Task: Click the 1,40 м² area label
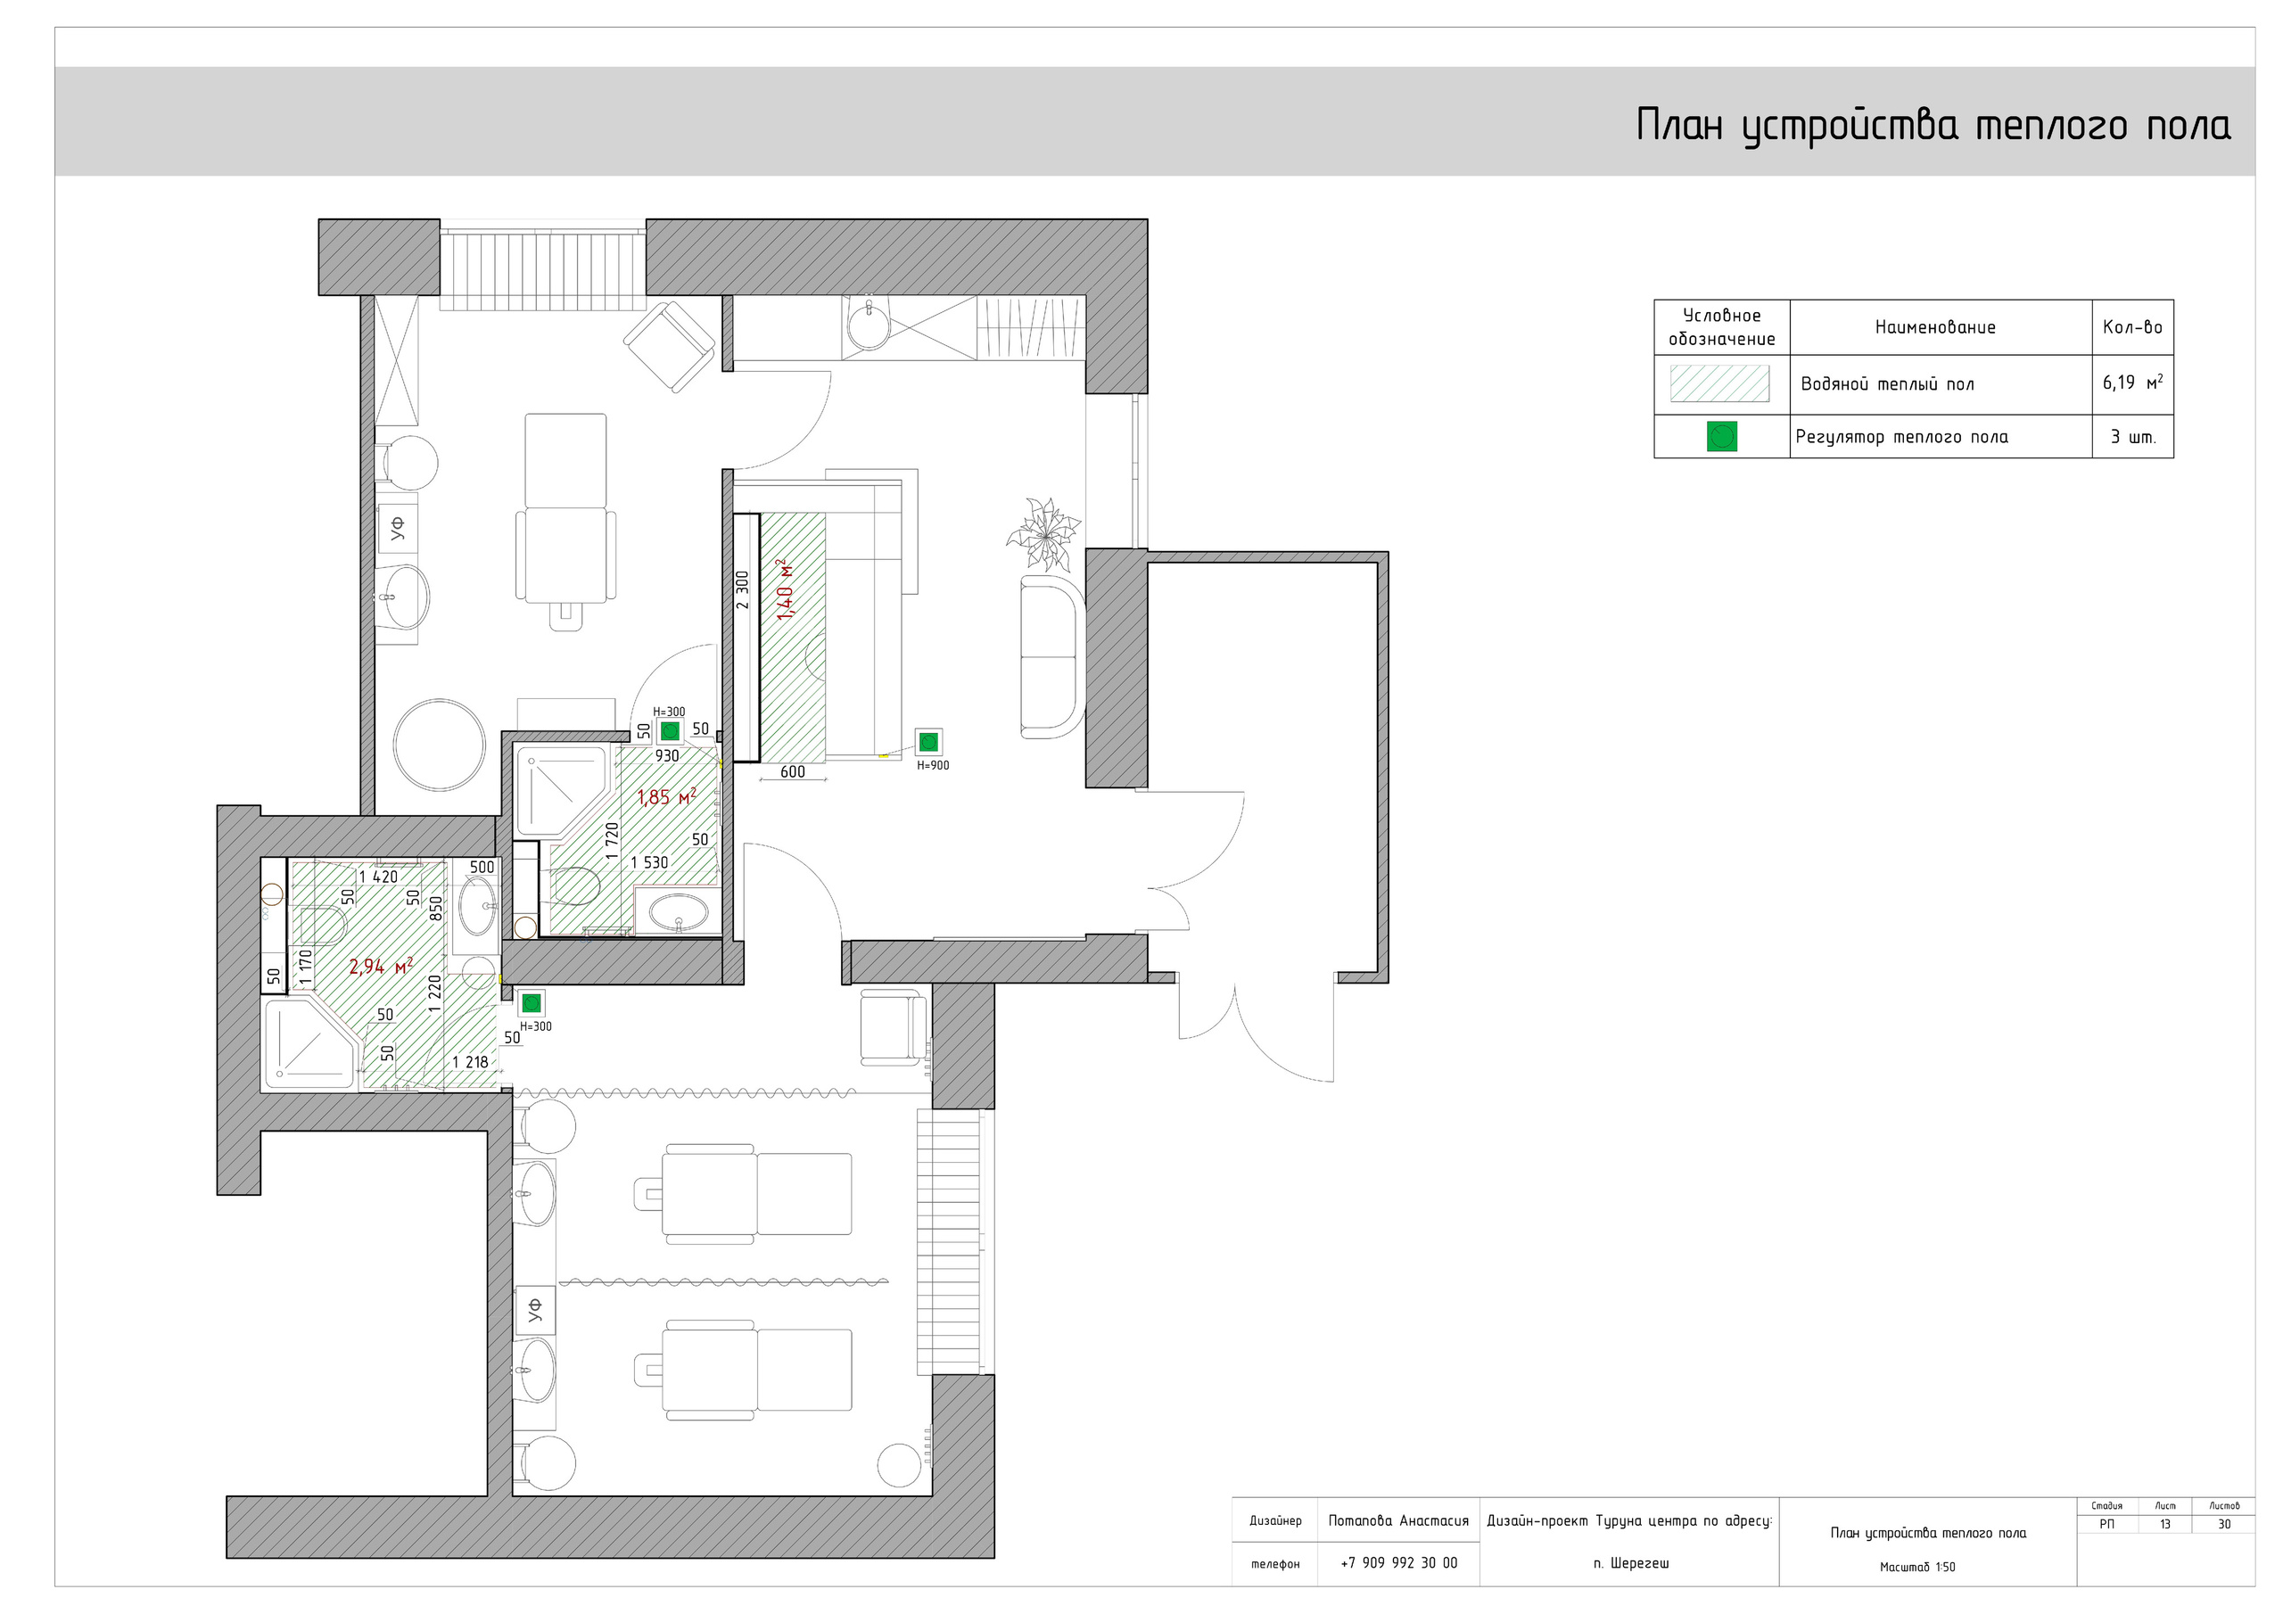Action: (786, 589)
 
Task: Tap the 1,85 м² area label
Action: (666, 797)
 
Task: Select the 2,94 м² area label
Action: (381, 967)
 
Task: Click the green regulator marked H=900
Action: (928, 742)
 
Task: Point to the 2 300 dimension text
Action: (742, 589)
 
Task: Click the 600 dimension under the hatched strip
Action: (793, 771)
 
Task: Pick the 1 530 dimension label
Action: (649, 862)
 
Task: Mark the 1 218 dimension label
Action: (470, 1062)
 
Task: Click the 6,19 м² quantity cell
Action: (2133, 383)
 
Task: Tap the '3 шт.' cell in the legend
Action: (2134, 437)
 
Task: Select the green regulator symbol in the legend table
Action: (1721, 437)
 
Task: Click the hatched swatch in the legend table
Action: (1720, 383)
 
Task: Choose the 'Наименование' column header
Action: (1935, 327)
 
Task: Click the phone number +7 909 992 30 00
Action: (1399, 1562)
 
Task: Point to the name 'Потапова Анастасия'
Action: (1398, 1520)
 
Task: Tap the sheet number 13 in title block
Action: (2164, 1524)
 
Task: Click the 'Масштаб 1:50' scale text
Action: (1917, 1566)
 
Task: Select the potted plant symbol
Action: (1043, 535)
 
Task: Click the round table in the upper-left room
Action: (440, 745)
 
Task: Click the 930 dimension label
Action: (667, 756)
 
